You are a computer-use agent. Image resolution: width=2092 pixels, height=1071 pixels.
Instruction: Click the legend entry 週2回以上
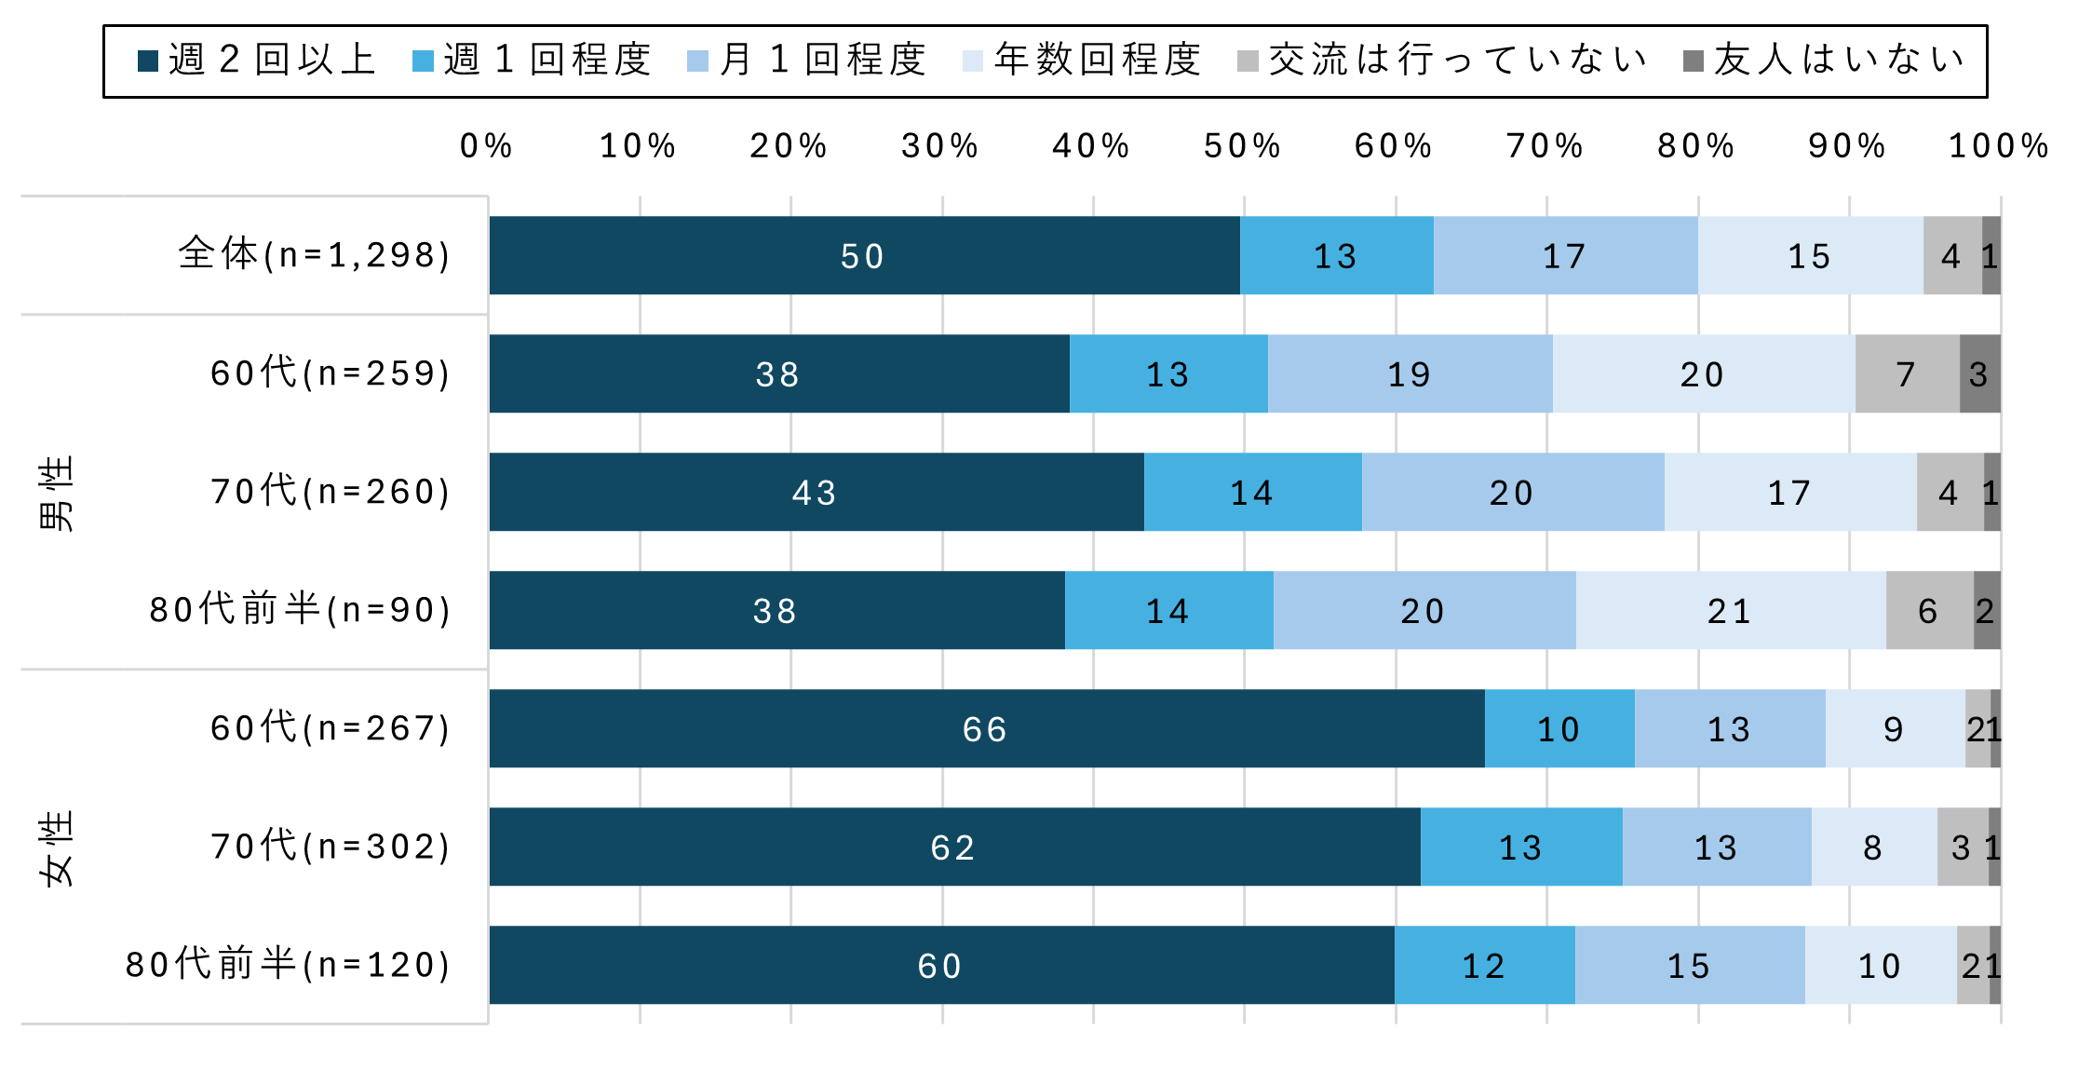pyautogui.click(x=257, y=61)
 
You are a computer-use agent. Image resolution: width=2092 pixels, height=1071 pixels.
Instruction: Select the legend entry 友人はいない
pyautogui.click(x=1825, y=61)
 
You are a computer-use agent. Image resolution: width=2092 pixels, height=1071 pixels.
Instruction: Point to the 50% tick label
pyautogui.click(x=1242, y=146)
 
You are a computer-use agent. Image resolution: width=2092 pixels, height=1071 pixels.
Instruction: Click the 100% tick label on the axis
pyautogui.click(x=1999, y=146)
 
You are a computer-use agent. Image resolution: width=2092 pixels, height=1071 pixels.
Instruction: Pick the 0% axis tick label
pyautogui.click(x=486, y=146)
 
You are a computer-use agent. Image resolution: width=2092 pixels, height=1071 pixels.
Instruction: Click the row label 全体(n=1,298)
pyautogui.click(x=315, y=254)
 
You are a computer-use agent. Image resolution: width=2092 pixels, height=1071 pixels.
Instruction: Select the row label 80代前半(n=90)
pyautogui.click(x=301, y=609)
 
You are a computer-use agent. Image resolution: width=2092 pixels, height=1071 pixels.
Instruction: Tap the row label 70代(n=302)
pyautogui.click(x=331, y=846)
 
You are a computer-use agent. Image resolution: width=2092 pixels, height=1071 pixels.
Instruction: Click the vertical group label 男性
pyautogui.click(x=56, y=493)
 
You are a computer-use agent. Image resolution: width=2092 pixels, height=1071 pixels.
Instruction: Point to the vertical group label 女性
pyautogui.click(x=56, y=847)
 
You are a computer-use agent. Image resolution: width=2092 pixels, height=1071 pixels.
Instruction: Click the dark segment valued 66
pyautogui.click(x=986, y=728)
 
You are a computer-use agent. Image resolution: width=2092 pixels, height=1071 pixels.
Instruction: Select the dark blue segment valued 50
pyautogui.click(x=863, y=255)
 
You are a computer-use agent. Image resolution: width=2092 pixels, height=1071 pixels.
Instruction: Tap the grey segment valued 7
pyautogui.click(x=1907, y=373)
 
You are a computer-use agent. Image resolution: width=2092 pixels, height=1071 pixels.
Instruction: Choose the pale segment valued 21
pyautogui.click(x=1730, y=610)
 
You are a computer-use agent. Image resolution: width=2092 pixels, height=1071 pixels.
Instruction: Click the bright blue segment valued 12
pyautogui.click(x=1484, y=965)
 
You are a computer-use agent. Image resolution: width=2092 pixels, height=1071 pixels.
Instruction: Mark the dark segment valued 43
pyautogui.click(x=816, y=492)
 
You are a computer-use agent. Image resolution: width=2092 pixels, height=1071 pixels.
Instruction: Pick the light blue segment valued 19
pyautogui.click(x=1410, y=373)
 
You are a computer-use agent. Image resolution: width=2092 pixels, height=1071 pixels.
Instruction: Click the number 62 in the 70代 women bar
pyautogui.click(x=953, y=847)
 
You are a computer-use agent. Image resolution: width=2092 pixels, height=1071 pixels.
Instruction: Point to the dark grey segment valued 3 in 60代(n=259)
pyautogui.click(x=1979, y=373)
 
